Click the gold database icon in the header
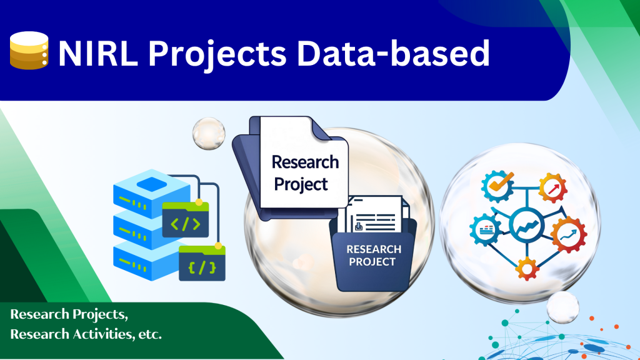[x=29, y=50]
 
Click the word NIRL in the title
[x=98, y=54]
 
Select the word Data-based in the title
[x=393, y=54]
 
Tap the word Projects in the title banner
[x=217, y=55]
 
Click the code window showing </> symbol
[x=185, y=219]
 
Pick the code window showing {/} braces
[x=202, y=263]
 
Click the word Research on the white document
[x=305, y=162]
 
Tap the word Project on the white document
[x=301, y=184]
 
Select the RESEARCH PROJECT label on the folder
[x=373, y=255]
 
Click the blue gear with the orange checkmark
[x=497, y=186]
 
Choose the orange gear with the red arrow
[x=553, y=188]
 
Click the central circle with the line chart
[x=526, y=225]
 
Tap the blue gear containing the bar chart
[x=486, y=230]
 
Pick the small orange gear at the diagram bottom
[x=527, y=269]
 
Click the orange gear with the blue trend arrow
[x=569, y=235]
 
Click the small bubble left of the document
[x=209, y=134]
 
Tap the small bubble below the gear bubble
[x=563, y=307]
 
